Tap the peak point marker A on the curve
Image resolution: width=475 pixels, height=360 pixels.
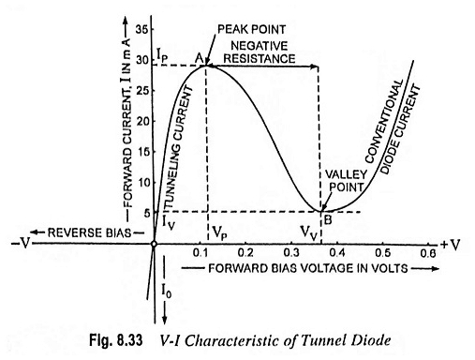pos(207,64)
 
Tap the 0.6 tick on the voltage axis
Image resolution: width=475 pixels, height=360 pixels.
pos(427,253)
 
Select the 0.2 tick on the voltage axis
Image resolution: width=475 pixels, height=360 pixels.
pos(245,253)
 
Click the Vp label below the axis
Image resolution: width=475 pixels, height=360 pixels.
pos(217,229)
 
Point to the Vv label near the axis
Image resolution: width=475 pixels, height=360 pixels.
pos(307,229)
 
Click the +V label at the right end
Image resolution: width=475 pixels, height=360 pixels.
pos(453,245)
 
